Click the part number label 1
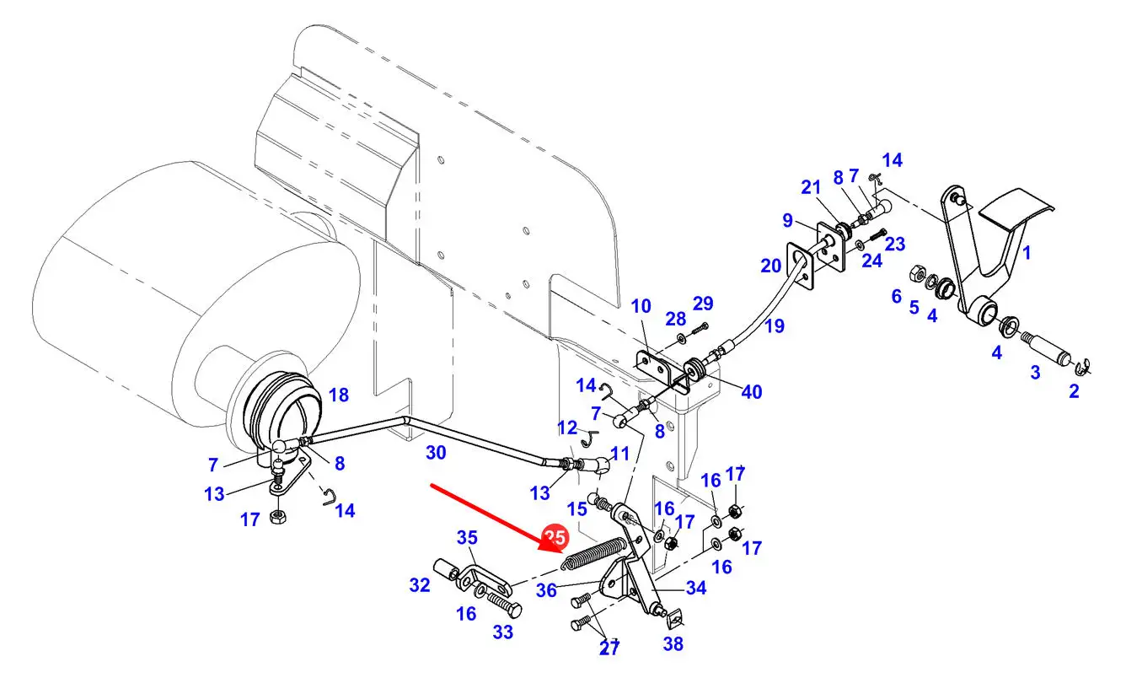point(1027,252)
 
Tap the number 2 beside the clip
point(1074,391)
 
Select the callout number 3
point(1035,372)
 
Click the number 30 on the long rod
point(435,453)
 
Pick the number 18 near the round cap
point(338,395)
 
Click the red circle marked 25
point(555,537)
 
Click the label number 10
point(641,306)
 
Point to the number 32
point(420,584)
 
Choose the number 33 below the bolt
point(502,632)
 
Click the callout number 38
point(673,645)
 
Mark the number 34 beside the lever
point(695,589)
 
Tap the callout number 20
point(771,266)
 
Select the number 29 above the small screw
point(703,304)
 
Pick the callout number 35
point(467,538)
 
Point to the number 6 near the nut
point(896,296)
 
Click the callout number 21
point(810,187)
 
